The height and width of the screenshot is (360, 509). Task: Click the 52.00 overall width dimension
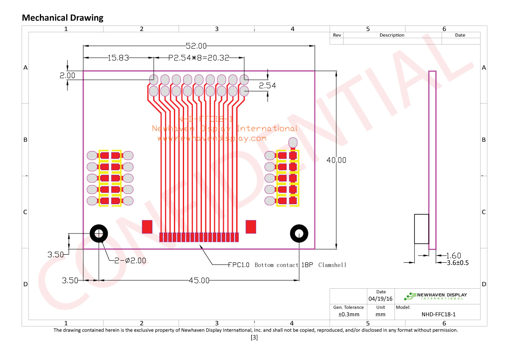pos(196,46)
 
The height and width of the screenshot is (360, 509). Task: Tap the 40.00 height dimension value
pos(336,160)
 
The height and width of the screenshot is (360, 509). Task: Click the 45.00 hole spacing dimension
pos(199,280)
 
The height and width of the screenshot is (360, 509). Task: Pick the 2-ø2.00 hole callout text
pos(130,260)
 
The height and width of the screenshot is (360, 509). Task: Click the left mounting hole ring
pos(99,233)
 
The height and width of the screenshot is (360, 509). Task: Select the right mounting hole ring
pos(299,233)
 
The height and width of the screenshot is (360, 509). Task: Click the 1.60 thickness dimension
pos(453,256)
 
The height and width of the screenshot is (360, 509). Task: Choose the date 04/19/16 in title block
pos(381,299)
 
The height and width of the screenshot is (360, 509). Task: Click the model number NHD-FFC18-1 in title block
pos(439,315)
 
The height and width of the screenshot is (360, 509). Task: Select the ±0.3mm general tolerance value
pos(349,315)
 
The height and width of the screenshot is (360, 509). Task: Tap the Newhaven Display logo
pos(437,296)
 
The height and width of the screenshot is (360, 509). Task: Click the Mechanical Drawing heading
pos(62,18)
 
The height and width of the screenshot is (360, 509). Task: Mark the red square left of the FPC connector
pos(147,226)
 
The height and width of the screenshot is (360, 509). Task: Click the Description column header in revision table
pos(392,35)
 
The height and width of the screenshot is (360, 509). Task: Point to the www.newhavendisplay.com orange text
pos(212,138)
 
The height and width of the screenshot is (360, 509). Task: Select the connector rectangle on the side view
pos(421,229)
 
